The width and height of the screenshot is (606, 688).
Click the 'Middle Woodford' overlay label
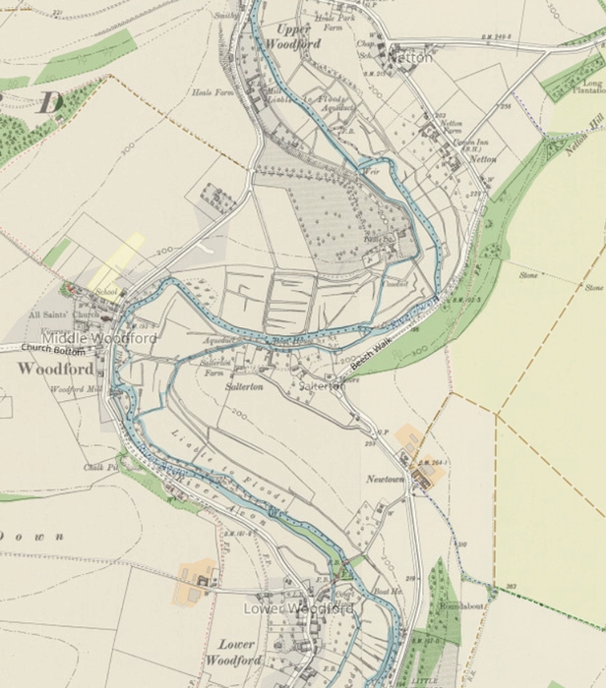pos(98,338)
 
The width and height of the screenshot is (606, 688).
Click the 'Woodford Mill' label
pos(75,390)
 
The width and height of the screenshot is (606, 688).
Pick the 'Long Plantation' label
pos(591,87)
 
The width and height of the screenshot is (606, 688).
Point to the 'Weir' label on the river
pos(371,170)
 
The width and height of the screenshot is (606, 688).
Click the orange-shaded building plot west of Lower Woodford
pos(197,580)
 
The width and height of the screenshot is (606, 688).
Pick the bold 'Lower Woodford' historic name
pos(236,652)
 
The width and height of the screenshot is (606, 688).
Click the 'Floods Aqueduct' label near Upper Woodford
pos(335,103)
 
